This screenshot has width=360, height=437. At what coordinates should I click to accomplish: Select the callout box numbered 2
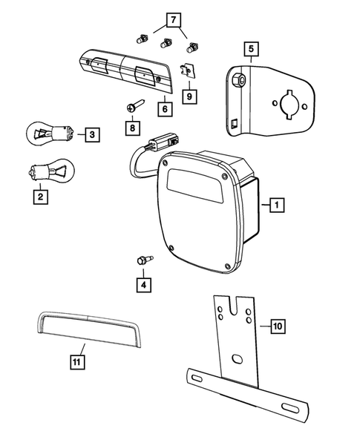(x=38, y=197)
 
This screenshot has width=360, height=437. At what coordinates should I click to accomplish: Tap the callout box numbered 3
(x=91, y=134)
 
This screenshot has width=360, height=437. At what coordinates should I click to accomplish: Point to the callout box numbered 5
(x=252, y=50)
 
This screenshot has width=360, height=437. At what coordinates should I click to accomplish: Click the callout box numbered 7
(x=172, y=19)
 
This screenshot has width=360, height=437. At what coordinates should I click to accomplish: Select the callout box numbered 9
(x=189, y=96)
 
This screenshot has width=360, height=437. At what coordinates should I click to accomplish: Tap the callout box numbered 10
(x=277, y=325)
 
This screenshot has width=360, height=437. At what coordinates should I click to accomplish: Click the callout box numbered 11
(x=78, y=361)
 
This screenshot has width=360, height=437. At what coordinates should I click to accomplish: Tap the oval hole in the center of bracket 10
(x=238, y=359)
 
